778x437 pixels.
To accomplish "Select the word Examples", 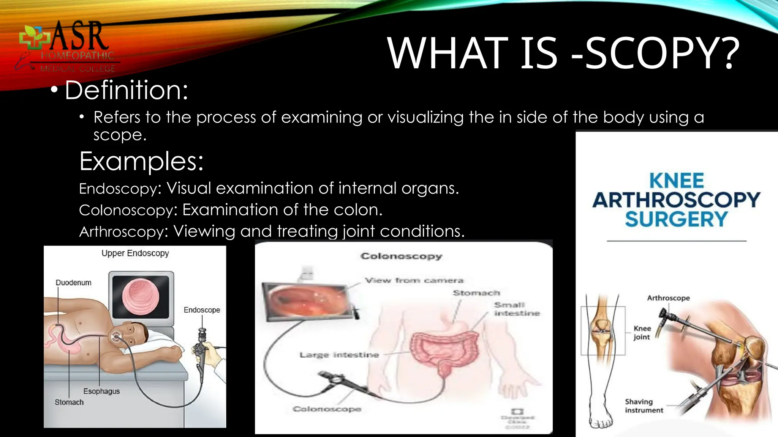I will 141,161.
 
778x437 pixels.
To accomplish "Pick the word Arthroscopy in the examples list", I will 123,231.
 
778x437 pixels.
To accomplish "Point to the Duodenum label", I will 73,283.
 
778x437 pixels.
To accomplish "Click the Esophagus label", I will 101,391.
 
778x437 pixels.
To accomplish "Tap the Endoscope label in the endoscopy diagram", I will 202,310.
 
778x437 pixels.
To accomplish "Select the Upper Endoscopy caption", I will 135,253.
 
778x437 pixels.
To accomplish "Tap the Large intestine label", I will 339,355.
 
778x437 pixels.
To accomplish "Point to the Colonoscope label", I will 327,409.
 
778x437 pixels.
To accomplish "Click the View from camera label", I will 414,281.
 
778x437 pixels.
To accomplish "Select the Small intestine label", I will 517,309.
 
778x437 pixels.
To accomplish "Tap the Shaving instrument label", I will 644,406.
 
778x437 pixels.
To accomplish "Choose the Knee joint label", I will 642,333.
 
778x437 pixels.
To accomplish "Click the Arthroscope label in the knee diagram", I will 668,298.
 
